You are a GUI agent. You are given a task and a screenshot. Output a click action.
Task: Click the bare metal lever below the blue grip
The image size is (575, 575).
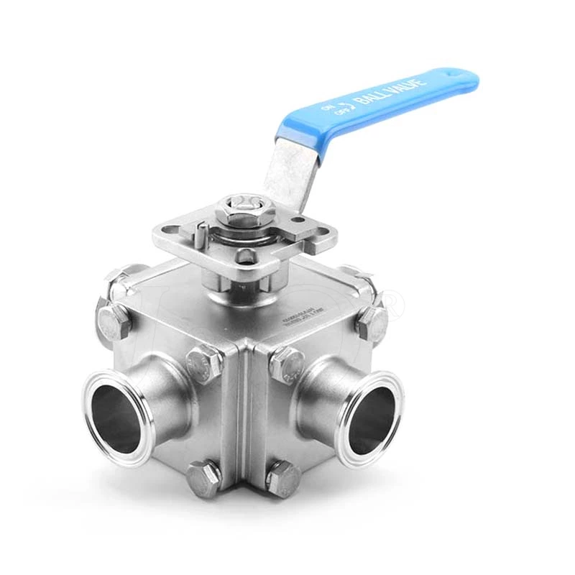[x=291, y=172]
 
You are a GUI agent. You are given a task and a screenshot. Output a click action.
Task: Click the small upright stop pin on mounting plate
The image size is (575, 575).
[x=203, y=231]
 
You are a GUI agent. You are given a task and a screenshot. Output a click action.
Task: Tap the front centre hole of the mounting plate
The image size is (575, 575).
[x=247, y=256]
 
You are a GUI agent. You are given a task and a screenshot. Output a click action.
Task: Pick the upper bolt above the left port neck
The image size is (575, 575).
[x=204, y=363]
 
